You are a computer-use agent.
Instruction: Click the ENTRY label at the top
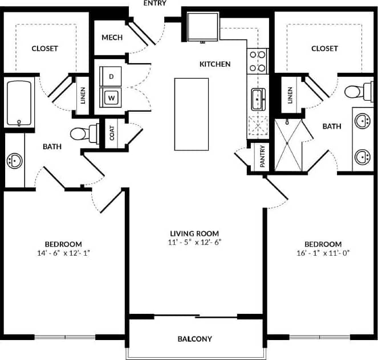click(x=155, y=3)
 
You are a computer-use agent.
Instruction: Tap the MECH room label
click(x=112, y=38)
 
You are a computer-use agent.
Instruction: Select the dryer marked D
click(x=111, y=76)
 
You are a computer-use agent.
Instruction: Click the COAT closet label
click(x=112, y=133)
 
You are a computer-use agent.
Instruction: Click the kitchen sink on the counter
click(x=258, y=99)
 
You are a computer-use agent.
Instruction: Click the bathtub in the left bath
click(x=20, y=104)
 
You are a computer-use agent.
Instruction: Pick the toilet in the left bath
click(x=82, y=134)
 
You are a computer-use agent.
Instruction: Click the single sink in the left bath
click(x=14, y=161)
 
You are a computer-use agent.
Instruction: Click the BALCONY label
click(x=194, y=339)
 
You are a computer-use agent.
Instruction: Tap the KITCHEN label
click(x=214, y=64)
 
